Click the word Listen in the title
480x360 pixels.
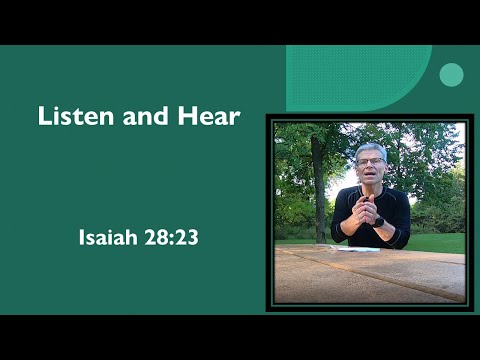pos(73,116)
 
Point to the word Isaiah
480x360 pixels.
pos(108,239)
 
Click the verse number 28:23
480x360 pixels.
pos(168,239)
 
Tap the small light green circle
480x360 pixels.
pos(451,75)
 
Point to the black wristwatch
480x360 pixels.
pos(379,220)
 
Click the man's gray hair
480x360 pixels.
pos(371,149)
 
